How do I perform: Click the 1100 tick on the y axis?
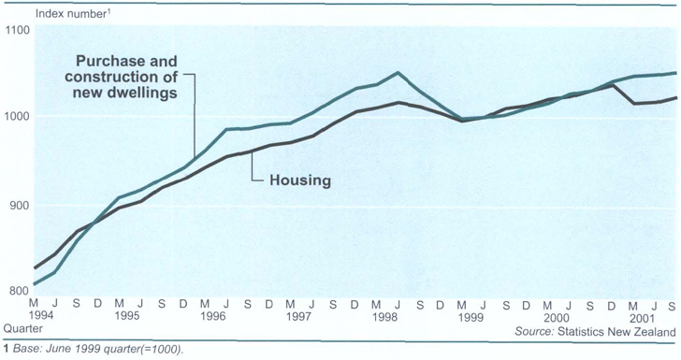click(x=18, y=30)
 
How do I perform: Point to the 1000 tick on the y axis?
click(x=18, y=117)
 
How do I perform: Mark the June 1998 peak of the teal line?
click(x=398, y=73)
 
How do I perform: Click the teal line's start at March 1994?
click(x=34, y=283)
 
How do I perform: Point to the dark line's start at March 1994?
click(x=34, y=268)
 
